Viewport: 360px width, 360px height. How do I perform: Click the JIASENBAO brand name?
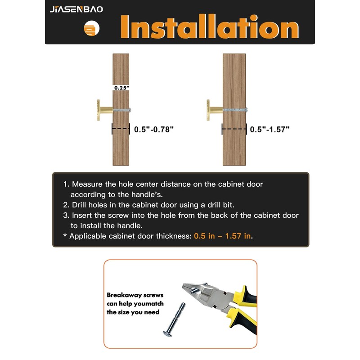coord(76,9)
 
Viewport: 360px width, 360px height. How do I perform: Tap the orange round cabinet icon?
coord(92,28)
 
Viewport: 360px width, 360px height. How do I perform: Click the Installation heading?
coord(210,27)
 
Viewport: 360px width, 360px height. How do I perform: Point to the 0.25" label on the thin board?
coord(121,88)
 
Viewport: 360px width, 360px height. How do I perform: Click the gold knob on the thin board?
coord(104,110)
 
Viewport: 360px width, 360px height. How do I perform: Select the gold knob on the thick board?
coord(215,110)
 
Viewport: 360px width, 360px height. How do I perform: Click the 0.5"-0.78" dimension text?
coord(154,129)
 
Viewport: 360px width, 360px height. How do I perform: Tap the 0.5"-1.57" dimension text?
coord(270,129)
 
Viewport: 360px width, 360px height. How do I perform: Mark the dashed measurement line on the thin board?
coord(121,129)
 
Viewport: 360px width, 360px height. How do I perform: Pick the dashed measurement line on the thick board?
coord(234,129)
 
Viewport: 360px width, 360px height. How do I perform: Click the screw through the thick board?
coord(235,110)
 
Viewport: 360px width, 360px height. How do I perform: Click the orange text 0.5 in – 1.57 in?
coord(222,236)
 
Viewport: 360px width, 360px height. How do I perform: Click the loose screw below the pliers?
coord(174,319)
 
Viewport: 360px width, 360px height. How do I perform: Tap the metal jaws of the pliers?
coord(202,294)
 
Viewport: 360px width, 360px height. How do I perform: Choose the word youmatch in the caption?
coord(149,304)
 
